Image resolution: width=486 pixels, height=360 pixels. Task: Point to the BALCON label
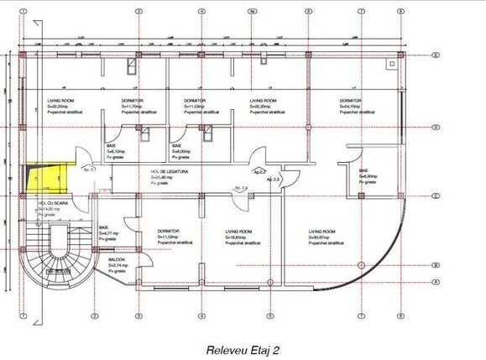click(116, 260)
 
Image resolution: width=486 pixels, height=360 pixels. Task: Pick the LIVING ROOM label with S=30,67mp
click(321, 231)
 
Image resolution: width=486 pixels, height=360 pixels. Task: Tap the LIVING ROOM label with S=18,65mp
click(238, 231)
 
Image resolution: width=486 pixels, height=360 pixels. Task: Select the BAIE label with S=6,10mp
click(111, 144)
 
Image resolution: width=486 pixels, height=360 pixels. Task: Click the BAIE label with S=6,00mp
click(176, 144)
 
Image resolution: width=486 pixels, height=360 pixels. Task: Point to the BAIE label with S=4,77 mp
click(104, 227)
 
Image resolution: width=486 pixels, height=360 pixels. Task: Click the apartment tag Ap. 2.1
click(90, 170)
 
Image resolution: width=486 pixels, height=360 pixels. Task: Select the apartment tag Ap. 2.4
click(240, 187)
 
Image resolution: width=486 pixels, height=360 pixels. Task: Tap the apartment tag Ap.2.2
click(261, 171)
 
